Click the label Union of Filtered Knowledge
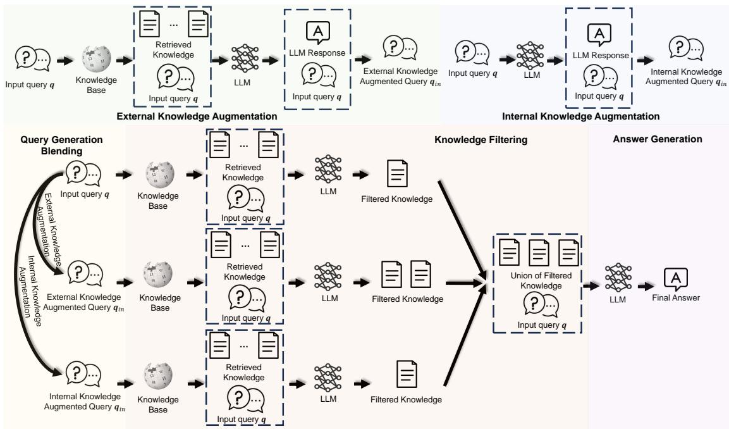(x=536, y=281)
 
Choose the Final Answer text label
(x=676, y=297)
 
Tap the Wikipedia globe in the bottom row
(x=159, y=380)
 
